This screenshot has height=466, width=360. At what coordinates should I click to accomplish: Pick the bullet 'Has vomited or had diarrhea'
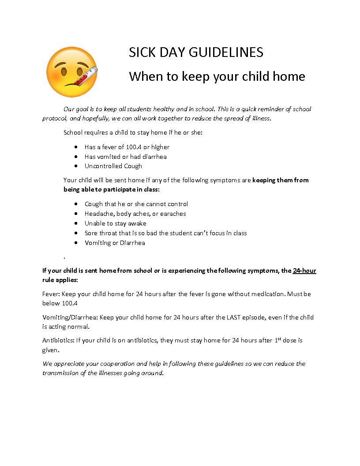[126, 157]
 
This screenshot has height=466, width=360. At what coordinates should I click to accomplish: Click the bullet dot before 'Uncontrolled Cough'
[76, 166]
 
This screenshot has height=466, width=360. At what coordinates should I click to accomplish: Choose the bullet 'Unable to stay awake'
[116, 223]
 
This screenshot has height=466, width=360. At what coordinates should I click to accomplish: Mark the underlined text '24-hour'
[304, 271]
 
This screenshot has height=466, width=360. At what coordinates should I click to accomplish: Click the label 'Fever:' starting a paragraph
[51, 294]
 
